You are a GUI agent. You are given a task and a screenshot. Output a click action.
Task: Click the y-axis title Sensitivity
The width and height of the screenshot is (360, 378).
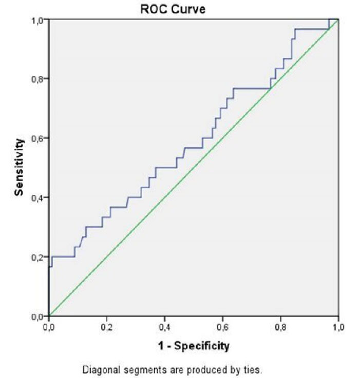click(x=19, y=167)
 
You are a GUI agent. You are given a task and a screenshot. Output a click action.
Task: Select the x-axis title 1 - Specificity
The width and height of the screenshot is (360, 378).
click(x=194, y=346)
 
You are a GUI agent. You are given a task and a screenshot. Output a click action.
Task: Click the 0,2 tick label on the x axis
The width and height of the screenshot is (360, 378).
click(x=107, y=327)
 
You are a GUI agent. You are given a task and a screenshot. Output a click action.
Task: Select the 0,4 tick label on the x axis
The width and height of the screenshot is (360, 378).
click(x=165, y=327)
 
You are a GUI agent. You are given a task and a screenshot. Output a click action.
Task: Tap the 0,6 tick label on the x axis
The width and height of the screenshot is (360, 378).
click(x=222, y=327)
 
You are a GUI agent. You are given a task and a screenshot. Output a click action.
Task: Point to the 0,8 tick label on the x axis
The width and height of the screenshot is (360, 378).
click(x=280, y=327)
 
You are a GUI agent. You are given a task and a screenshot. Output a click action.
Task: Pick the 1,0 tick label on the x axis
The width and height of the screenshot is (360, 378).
click(x=338, y=327)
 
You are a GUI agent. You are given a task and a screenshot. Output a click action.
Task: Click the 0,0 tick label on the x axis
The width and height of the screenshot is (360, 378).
click(x=49, y=327)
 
